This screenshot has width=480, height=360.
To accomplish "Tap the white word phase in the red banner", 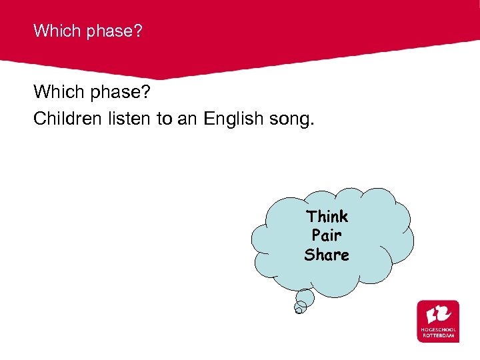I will tap(105, 31).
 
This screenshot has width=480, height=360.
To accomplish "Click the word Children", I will tap(66, 119).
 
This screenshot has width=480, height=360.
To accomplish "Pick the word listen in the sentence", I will tap(126, 119).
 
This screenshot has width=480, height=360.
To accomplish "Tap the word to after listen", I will tap(165, 119).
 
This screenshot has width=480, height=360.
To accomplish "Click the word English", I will tap(233, 119).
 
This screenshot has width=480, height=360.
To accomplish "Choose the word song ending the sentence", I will tap(291, 119).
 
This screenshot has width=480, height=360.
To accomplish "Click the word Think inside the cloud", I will tap(327, 216).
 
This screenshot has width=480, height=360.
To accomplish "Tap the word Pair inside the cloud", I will tap(327, 235).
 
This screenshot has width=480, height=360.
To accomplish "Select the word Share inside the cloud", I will tap(327, 255).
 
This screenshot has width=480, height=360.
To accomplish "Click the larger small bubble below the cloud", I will tap(305, 298).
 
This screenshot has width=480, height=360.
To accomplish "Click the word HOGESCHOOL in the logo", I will tap(438, 331).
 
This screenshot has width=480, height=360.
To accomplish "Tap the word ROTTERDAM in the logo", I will tap(438, 336).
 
